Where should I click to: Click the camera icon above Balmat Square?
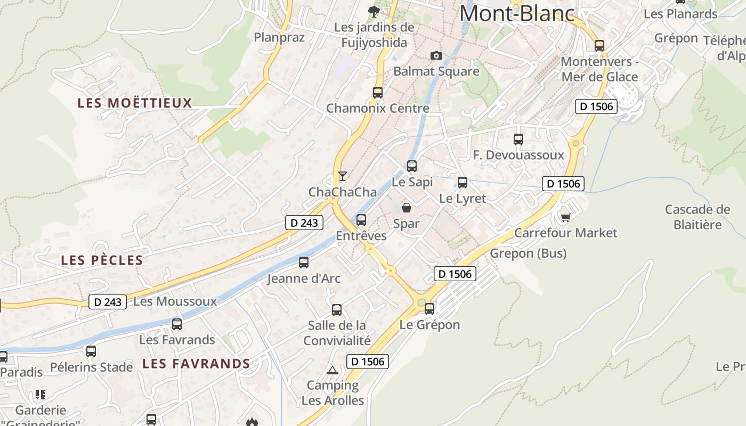point(436,55)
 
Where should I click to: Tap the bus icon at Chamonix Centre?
point(378,92)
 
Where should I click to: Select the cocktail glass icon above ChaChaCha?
point(342,176)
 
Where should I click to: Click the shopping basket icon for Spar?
point(407,208)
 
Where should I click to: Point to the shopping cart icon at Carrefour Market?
point(565,217)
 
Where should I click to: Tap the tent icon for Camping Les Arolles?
point(333,370)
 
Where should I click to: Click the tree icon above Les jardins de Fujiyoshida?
point(374,11)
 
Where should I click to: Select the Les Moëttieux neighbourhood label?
point(135,103)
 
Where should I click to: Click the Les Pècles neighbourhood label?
point(102,260)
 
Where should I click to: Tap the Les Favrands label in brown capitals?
point(196,364)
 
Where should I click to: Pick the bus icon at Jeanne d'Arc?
point(304,262)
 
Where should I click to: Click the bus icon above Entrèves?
point(361,219)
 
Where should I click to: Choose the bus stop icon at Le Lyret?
point(463,183)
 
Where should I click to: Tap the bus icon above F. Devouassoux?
point(518,140)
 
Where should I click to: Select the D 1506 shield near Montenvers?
point(596,106)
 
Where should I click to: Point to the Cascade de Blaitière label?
point(698,217)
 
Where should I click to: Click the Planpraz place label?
point(279,37)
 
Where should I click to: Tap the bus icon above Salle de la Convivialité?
point(337,309)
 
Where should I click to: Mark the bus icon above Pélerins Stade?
point(91,351)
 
